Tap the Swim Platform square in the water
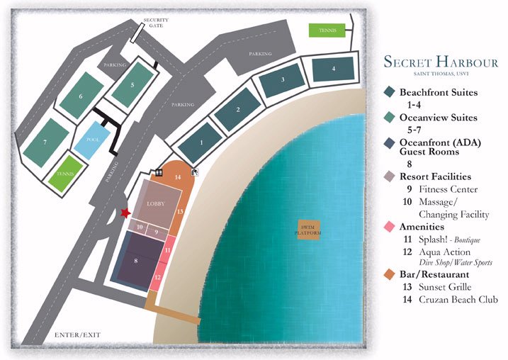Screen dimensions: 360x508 click(x=308, y=229)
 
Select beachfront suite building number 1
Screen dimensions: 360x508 click(x=201, y=142)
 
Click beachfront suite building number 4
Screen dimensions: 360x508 click(x=334, y=69)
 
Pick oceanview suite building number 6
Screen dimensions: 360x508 click(x=81, y=96)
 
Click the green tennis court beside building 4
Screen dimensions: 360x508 click(x=327, y=30)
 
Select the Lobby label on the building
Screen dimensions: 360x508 click(x=155, y=203)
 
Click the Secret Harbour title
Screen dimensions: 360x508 click(x=441, y=62)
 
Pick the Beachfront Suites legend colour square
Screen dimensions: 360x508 click(x=390, y=92)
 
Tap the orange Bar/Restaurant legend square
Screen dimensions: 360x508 click(x=390, y=274)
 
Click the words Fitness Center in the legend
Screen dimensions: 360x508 click(x=447, y=189)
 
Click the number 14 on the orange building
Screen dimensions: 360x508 click(x=178, y=176)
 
